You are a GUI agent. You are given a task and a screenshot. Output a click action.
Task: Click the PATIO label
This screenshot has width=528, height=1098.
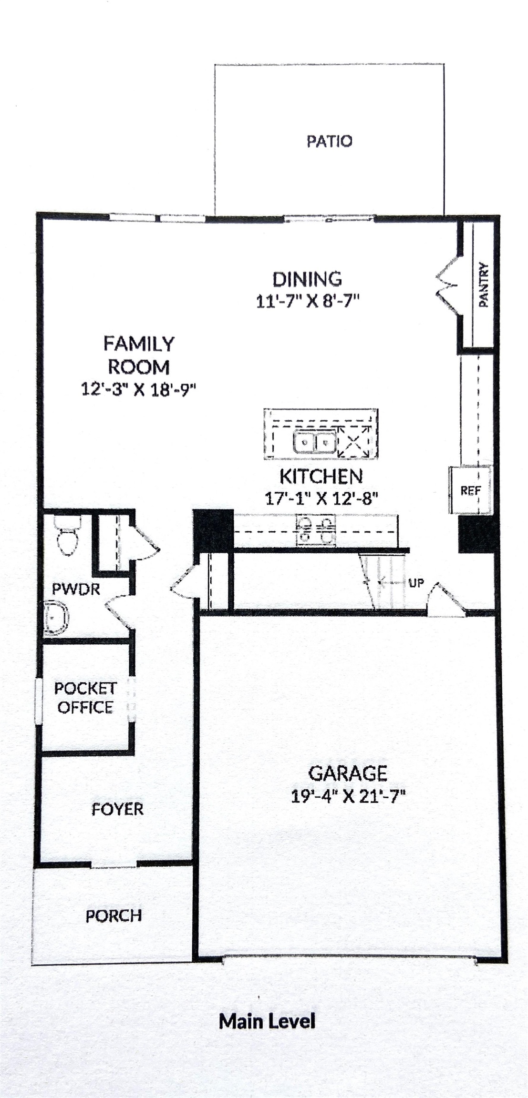pyautogui.click(x=329, y=141)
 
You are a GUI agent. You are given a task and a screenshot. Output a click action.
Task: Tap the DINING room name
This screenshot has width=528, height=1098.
pyautogui.click(x=307, y=279)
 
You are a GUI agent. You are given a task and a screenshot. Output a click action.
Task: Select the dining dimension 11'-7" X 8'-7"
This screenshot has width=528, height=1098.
pyautogui.click(x=307, y=301)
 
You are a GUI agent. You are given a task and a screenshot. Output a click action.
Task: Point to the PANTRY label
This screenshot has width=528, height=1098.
pyautogui.click(x=484, y=285)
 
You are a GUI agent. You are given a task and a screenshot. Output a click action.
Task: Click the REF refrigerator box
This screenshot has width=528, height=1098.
pyautogui.click(x=470, y=490)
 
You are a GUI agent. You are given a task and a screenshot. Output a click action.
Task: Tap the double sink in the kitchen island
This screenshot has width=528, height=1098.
pyautogui.click(x=314, y=443)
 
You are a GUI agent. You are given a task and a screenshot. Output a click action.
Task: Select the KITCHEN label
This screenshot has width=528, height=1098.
pyautogui.click(x=321, y=476)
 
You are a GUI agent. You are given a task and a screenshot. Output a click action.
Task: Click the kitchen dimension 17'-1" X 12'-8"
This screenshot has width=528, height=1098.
pyautogui.click(x=321, y=498)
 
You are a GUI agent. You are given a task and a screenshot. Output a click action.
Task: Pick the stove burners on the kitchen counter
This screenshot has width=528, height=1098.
pyautogui.click(x=316, y=530)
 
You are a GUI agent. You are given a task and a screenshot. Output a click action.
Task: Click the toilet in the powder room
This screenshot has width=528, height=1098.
pyautogui.click(x=67, y=536)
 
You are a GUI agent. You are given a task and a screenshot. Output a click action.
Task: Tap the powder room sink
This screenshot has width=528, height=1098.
pyautogui.click(x=56, y=618)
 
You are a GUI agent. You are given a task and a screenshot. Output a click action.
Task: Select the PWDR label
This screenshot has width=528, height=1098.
pyautogui.click(x=76, y=589)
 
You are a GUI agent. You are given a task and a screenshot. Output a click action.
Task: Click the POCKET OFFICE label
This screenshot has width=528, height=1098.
pyautogui.click(x=85, y=698)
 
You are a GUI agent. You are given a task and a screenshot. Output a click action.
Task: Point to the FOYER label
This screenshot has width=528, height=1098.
pyautogui.click(x=117, y=809)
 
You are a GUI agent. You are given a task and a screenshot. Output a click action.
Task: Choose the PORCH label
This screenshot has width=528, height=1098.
pyautogui.click(x=114, y=915)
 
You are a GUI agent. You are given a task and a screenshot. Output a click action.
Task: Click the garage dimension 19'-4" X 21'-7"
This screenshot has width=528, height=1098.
pyautogui.click(x=348, y=796)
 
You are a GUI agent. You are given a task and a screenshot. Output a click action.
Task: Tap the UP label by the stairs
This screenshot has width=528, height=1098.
pyautogui.click(x=416, y=582)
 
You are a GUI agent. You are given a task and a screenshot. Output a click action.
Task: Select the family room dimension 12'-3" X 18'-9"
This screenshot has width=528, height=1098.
pyautogui.click(x=139, y=389)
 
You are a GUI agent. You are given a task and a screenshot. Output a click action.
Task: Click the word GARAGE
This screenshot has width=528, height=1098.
pyautogui.click(x=348, y=773)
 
